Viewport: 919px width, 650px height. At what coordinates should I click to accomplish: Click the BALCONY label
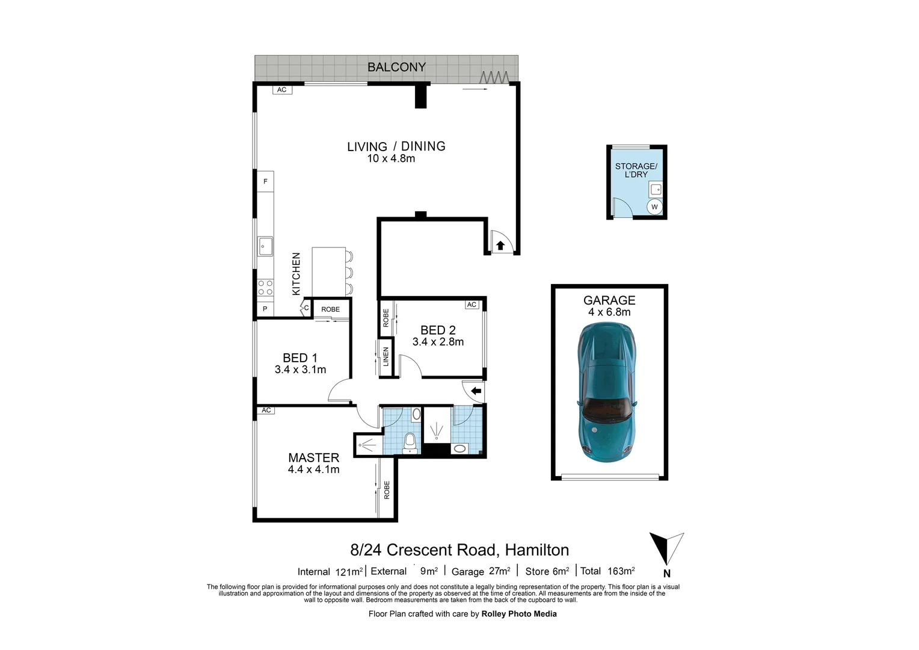[396, 67]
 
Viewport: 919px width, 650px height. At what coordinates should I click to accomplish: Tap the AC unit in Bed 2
[472, 305]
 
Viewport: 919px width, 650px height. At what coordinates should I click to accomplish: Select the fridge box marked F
[265, 181]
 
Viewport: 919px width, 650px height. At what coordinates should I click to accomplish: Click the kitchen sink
[265, 246]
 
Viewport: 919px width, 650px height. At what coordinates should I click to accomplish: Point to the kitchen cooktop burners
[265, 288]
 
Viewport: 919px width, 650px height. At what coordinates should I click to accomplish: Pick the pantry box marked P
[265, 309]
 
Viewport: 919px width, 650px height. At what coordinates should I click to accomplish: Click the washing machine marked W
[654, 207]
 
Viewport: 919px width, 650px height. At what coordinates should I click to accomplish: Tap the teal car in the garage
[607, 392]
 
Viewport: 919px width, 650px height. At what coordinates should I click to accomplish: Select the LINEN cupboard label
[386, 356]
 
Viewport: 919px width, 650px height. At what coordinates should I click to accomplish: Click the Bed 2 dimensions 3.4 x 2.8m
[438, 342]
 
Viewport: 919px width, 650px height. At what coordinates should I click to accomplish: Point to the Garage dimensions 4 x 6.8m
[609, 312]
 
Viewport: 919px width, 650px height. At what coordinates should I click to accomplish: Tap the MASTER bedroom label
[313, 457]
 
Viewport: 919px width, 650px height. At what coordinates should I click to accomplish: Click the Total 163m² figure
[607, 571]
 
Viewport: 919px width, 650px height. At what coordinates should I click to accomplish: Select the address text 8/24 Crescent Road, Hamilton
[459, 550]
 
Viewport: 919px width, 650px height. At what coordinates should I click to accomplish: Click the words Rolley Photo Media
[519, 614]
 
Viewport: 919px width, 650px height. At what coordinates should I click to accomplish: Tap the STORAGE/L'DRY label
[636, 170]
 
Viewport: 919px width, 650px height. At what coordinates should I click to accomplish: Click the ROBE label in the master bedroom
[387, 490]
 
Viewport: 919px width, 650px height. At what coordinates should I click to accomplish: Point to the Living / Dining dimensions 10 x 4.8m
[391, 158]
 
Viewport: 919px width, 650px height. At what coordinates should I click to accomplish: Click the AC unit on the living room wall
[282, 90]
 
